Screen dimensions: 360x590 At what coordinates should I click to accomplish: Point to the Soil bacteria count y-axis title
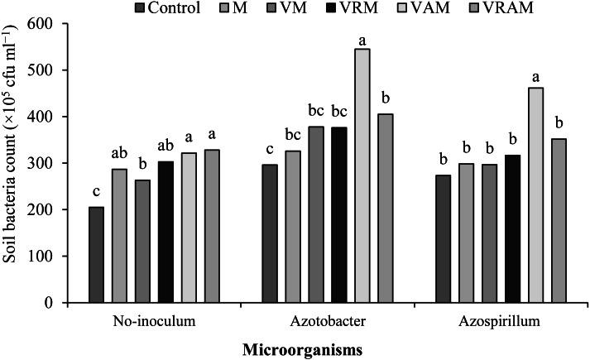click(12, 161)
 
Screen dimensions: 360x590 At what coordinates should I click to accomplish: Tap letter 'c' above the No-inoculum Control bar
click(96, 195)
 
